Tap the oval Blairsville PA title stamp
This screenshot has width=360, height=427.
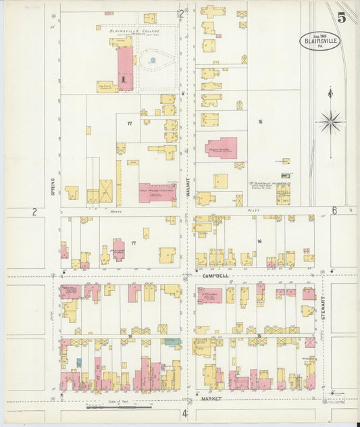[320, 41]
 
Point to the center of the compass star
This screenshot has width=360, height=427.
[330, 122]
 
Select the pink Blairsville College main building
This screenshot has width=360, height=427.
[126, 68]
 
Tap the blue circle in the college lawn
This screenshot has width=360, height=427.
[153, 61]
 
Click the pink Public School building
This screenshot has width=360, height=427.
[222, 147]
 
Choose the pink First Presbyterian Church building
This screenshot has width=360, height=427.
[158, 193]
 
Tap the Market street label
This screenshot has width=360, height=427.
[211, 399]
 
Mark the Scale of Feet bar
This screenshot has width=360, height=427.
[113, 407]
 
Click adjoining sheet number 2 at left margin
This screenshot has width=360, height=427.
[34, 211]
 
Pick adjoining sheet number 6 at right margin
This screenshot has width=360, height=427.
[334, 211]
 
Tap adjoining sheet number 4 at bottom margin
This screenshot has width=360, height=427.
[184, 413]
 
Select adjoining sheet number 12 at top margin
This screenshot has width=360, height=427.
[180, 14]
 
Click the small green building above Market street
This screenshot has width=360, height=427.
[173, 342]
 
